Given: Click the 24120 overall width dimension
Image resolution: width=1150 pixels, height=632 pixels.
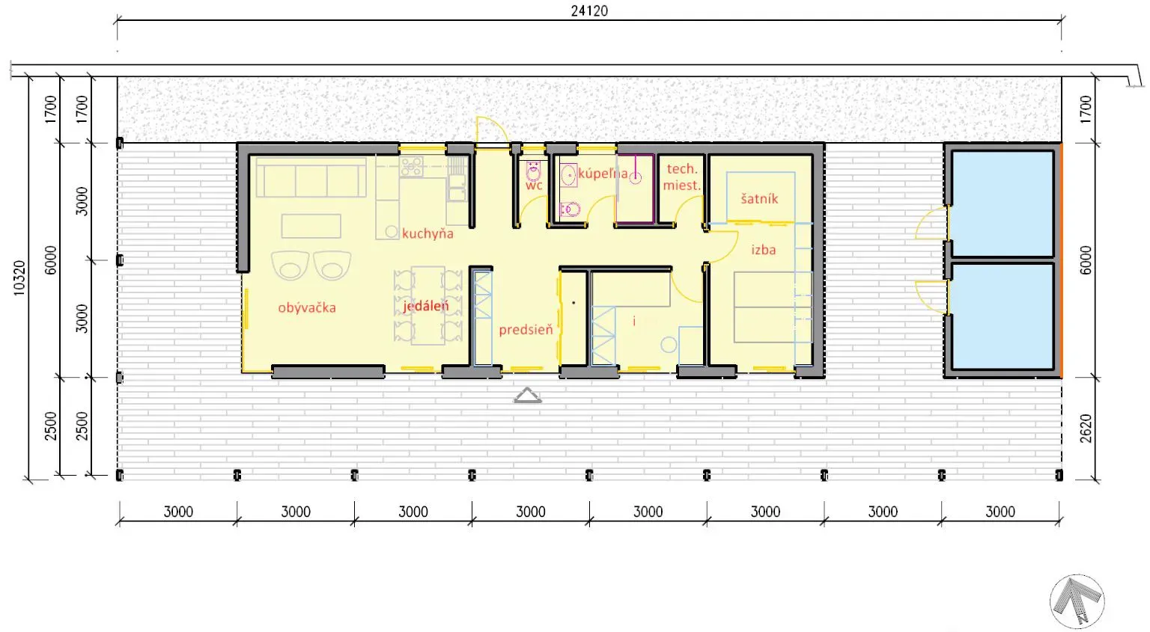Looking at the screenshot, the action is click(589, 10).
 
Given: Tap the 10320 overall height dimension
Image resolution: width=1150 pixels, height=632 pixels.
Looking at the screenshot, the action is click(19, 278).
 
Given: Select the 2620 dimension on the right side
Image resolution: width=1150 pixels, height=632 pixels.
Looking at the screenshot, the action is click(1086, 429).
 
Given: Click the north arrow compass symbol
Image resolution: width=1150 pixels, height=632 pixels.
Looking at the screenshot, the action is click(1077, 601).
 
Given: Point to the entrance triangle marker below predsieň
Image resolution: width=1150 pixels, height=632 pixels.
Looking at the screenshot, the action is click(527, 395).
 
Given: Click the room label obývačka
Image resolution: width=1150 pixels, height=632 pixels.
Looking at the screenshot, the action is click(307, 308).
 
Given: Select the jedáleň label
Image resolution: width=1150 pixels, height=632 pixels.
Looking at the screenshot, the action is click(425, 306).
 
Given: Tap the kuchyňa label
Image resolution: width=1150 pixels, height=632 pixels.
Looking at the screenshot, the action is click(428, 234).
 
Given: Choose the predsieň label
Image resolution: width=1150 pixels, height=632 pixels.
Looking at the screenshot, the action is click(526, 330).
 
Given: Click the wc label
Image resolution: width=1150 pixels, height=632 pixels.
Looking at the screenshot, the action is click(534, 185).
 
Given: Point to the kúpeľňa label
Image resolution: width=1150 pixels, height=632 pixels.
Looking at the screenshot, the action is click(603, 174).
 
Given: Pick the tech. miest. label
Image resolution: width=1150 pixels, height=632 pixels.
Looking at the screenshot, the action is click(682, 177).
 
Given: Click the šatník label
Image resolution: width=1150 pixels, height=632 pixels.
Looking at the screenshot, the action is click(759, 198).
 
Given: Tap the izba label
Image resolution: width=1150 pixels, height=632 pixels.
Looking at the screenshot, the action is click(764, 250).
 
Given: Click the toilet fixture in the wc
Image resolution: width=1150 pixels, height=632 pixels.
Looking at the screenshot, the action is click(533, 172).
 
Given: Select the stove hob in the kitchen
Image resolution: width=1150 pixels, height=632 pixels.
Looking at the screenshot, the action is click(412, 167).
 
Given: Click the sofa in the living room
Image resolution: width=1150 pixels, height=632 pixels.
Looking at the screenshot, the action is click(311, 177).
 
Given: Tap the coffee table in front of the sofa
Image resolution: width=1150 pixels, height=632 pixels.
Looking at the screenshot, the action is click(311, 226).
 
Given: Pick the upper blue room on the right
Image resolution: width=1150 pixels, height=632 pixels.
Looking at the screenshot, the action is click(1003, 203).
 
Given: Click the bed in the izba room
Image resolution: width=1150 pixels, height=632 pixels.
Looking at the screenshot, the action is click(773, 307).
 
